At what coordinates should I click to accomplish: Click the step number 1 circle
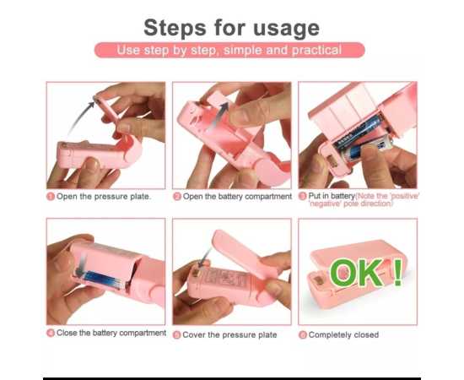[x=51, y=196]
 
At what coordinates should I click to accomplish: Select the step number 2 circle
[x=177, y=196]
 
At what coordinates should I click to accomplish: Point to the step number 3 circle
[x=303, y=196]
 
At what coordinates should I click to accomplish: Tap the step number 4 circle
[x=51, y=334]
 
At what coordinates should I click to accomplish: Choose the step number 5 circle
[x=177, y=335]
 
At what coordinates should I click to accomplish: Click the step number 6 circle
[x=303, y=335]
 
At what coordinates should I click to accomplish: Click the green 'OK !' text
[x=365, y=273]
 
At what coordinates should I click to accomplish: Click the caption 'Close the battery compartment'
[x=111, y=334]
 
